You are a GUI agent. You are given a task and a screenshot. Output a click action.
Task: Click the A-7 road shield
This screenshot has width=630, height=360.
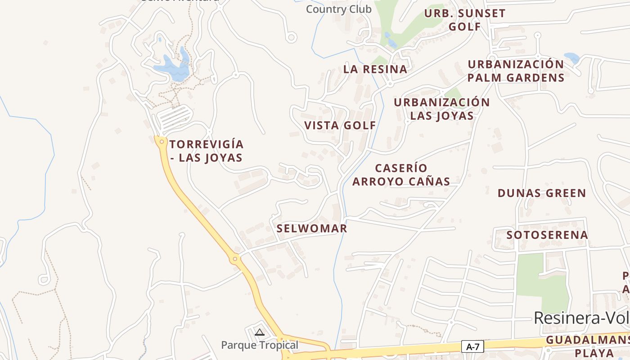click(x=472, y=346)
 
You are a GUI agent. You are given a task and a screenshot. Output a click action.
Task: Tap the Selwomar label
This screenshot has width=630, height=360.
click(x=312, y=228)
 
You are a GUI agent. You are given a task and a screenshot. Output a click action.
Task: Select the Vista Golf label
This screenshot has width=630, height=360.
click(x=340, y=126)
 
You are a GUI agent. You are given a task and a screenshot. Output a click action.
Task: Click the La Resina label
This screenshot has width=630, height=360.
click(x=375, y=69)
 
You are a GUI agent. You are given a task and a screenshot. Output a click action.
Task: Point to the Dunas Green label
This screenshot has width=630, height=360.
click(x=542, y=193)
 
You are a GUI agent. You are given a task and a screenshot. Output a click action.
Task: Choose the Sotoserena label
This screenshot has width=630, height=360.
click(x=547, y=235)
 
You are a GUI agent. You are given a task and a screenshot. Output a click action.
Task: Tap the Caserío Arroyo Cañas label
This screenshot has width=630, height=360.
click(x=401, y=175)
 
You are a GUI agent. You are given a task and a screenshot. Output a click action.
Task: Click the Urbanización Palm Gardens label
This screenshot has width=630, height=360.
click(x=516, y=71)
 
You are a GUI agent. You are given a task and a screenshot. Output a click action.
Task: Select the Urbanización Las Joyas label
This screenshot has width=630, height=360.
click(x=441, y=109)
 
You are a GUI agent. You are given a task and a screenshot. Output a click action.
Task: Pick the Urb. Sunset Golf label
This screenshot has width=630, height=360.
click(x=465, y=20)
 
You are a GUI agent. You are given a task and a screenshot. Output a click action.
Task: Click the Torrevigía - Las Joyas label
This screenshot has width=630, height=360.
click(x=207, y=151)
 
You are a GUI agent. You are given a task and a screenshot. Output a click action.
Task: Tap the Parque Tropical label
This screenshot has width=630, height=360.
click(x=260, y=345)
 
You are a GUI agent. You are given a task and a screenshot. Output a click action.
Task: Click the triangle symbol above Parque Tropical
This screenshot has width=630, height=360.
click(x=259, y=333)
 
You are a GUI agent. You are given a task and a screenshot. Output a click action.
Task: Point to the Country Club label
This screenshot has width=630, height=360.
click(x=339, y=9)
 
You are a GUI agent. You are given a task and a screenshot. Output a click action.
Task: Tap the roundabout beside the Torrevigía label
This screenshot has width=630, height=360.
click(x=162, y=142)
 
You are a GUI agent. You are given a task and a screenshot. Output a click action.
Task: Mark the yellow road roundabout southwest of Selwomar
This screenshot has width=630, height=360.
click(x=234, y=259)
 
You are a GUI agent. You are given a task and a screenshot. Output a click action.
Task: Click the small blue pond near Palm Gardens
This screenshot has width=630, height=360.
click(x=572, y=58)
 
